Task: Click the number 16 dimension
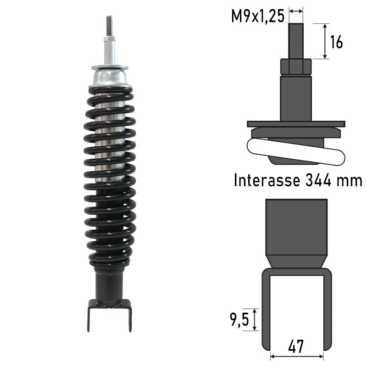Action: point(336,42)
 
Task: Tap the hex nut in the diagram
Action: point(296,67)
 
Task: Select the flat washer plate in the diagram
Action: point(296,124)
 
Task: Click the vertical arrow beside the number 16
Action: point(325,41)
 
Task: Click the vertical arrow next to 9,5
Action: point(256,319)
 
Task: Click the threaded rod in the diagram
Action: point(296,41)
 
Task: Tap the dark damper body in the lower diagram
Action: point(296,227)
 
